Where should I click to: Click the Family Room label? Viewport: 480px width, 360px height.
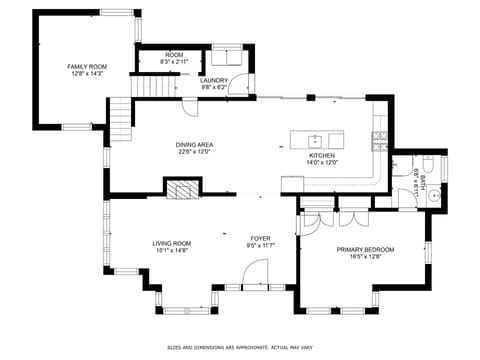point(87,66)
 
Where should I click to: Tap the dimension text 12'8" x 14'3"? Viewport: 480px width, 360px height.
point(87,73)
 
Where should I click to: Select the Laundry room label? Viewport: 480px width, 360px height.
point(215,80)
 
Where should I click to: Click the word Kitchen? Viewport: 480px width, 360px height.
point(321,155)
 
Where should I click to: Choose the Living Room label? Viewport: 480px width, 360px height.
point(172,243)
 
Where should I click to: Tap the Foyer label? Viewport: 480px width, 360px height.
point(260,237)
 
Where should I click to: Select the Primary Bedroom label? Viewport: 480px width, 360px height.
point(365,249)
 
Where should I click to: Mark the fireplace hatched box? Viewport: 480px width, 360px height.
point(182,190)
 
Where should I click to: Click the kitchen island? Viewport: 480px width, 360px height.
point(317,139)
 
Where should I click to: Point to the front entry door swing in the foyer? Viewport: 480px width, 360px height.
point(257,272)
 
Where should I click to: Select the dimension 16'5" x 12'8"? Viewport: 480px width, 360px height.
point(365,256)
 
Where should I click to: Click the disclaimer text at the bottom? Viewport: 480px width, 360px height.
point(240,348)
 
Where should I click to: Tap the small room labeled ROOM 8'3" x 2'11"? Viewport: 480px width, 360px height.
point(173,58)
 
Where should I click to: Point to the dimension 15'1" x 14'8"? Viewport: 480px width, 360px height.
point(172,250)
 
